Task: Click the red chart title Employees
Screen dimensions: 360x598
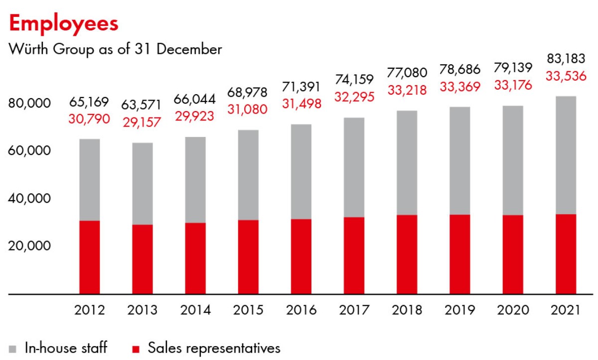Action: pyautogui.click(x=64, y=23)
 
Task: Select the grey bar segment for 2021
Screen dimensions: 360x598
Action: pyautogui.click(x=563, y=155)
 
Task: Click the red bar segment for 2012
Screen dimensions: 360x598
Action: pyautogui.click(x=89, y=257)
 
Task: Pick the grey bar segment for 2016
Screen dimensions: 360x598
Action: pyautogui.click(x=301, y=171)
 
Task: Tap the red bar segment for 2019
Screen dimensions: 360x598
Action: pyautogui.click(x=460, y=254)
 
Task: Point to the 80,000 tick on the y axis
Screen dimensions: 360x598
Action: pyautogui.click(x=30, y=104)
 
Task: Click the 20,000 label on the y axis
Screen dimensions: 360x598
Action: pyautogui.click(x=30, y=246)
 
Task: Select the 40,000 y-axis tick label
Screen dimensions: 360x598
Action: pyautogui.click(x=30, y=199)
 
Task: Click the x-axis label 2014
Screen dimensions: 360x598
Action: pyautogui.click(x=195, y=310)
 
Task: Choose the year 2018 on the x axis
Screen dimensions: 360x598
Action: pyautogui.click(x=407, y=310)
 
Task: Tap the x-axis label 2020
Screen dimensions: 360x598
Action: pyautogui.click(x=513, y=310)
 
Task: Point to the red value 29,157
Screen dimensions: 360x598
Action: pyautogui.click(x=142, y=122)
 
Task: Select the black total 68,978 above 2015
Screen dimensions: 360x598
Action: pyautogui.click(x=248, y=93)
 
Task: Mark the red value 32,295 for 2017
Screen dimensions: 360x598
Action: pyautogui.click(x=354, y=98)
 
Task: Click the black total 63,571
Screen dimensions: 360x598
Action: pyautogui.click(x=142, y=106)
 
